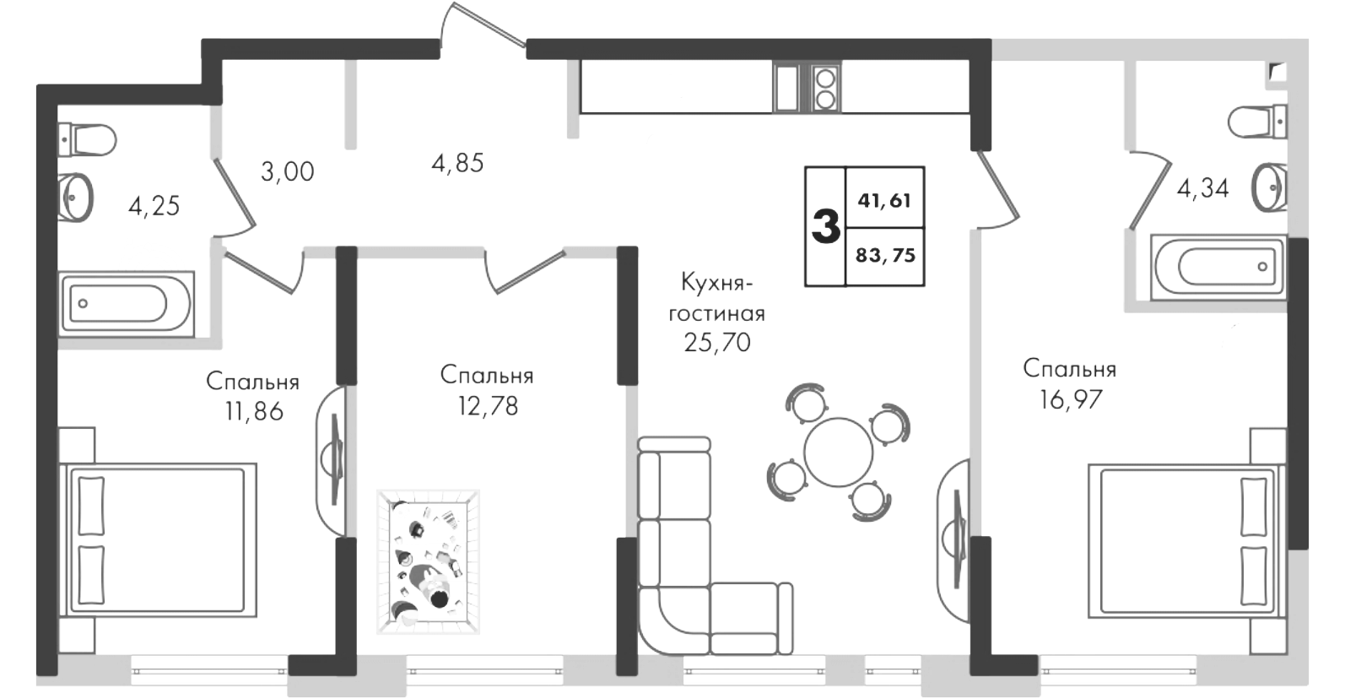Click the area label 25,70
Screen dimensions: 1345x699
tap(717, 343)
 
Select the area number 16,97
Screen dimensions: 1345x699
tap(1071, 400)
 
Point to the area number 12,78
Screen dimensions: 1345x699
tap(488, 407)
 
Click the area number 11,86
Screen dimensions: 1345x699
tap(254, 412)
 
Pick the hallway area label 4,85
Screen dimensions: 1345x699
tap(457, 163)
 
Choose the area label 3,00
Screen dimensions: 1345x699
tap(288, 172)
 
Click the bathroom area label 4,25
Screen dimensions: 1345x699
tap(154, 207)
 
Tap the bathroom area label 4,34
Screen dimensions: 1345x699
tap(1202, 189)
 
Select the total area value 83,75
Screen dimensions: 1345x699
tap(885, 256)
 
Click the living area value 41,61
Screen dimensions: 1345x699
tap(884, 201)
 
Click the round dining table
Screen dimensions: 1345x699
tap(838, 452)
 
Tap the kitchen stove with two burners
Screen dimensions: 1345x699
tap(825, 89)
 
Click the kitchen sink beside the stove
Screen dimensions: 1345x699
tap(786, 89)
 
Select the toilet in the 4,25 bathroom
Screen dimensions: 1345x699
tap(88, 140)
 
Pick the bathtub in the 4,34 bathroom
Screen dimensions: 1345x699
tap(1219, 268)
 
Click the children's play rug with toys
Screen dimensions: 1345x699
tap(428, 562)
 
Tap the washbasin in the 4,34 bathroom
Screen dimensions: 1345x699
tap(1269, 187)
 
